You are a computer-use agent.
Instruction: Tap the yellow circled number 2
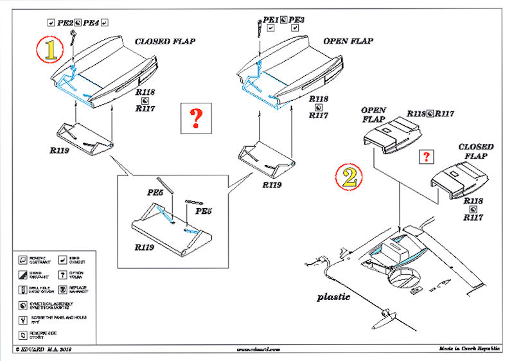pyautogui.click(x=349, y=176)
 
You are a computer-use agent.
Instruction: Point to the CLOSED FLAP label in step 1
pyautogui.click(x=165, y=41)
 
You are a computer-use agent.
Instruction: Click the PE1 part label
pyautogui.click(x=270, y=21)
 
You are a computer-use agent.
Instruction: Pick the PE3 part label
pyautogui.click(x=296, y=21)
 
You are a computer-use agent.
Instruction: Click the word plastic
pyautogui.click(x=333, y=297)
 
